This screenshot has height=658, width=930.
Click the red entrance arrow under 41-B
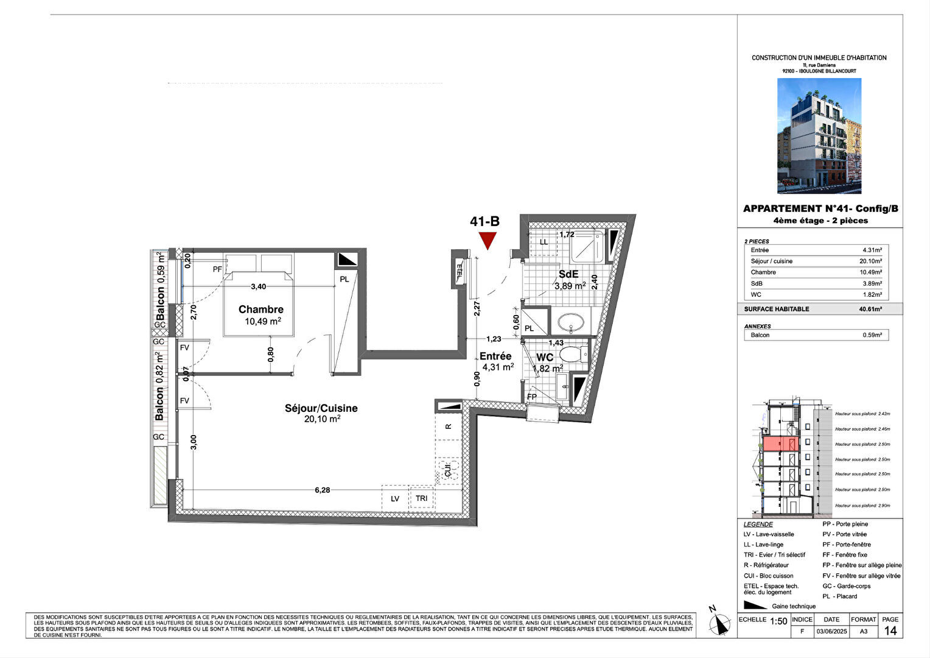488,241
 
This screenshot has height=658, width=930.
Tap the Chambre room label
261,310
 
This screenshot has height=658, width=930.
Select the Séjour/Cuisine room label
321,408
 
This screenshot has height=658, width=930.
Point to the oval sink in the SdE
570,321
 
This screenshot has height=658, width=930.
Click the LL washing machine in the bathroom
544,242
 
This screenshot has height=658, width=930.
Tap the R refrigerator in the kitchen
449,426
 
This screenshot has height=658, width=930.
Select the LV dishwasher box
395,498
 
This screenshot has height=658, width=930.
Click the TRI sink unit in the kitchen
422,498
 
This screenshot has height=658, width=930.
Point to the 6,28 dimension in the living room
322,489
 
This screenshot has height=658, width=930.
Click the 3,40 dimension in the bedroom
258,286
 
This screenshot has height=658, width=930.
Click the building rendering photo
819,135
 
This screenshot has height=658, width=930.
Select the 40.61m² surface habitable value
870,309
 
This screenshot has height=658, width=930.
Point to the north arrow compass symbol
720,623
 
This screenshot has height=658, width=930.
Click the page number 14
890,631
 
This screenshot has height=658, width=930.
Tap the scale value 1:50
778,621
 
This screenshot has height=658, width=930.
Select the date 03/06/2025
831,632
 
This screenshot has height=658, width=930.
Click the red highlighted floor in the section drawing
780,444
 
